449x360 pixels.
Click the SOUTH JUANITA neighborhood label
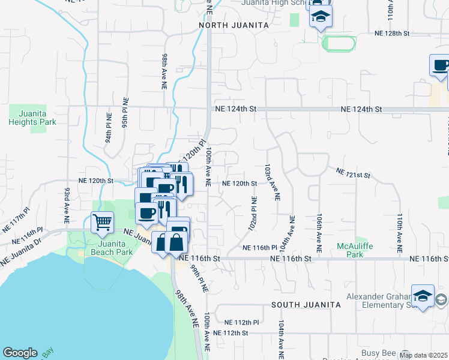coord(306,305)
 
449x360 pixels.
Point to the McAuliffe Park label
coord(358,250)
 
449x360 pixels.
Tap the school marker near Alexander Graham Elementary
coord(423,296)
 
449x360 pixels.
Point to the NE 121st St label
coord(353,174)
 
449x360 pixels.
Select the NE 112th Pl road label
coord(241,322)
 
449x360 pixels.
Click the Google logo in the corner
coord(20,353)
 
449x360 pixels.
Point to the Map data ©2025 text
coord(424,355)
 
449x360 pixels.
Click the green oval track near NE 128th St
coord(339,43)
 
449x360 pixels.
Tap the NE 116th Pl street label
coord(259,247)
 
